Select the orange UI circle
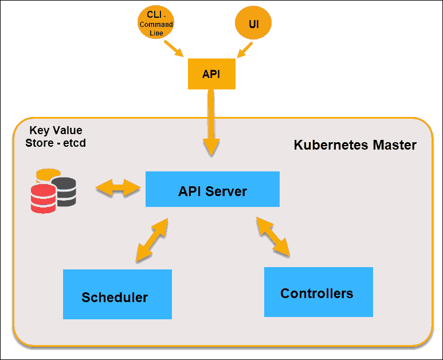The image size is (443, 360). coord(253,24)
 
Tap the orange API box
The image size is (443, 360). coord(211,74)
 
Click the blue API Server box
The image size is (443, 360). coord(212,189)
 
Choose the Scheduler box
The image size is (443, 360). coord(117,294)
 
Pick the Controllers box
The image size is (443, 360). coord(318,292)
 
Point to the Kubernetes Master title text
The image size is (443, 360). coord(355,145)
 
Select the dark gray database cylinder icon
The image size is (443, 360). coord(65,191)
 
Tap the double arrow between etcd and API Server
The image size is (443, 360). coord(118,187)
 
